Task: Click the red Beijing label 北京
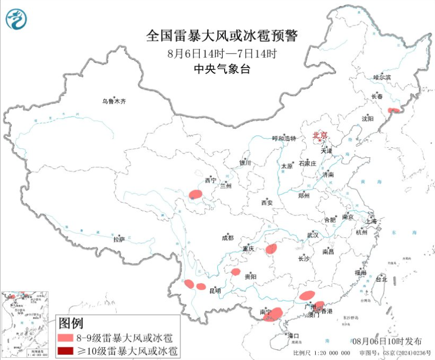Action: tap(320, 135)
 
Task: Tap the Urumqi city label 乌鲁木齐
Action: tap(116, 101)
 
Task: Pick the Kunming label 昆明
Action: tap(215, 291)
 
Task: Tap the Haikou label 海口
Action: tap(293, 336)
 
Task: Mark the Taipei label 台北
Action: tap(381, 279)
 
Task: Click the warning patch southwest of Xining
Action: tap(196, 194)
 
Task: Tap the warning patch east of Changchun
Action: tap(394, 110)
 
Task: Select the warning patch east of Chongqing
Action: tap(272, 248)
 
